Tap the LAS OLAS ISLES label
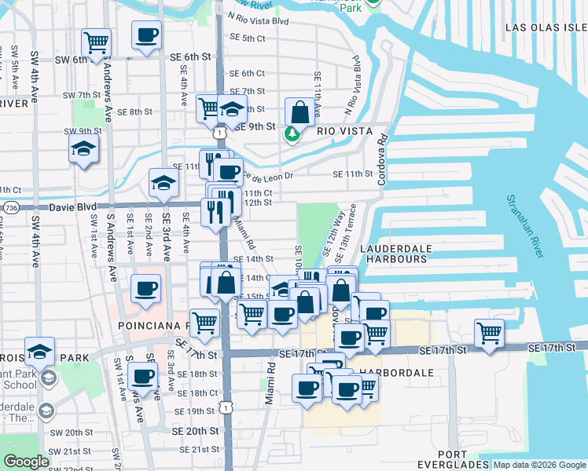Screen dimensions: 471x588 pos(546,27)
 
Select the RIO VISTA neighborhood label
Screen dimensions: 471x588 pos(344,131)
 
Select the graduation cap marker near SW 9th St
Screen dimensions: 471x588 pos(83,148)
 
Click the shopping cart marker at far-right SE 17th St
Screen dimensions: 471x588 pos(490,332)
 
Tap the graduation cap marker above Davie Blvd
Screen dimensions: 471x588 pos(164,183)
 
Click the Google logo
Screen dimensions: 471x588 pos(26,462)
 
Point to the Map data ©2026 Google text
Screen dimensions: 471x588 pos(539,465)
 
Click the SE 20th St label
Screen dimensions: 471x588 pos(197,431)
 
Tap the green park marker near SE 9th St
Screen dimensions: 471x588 pos(292,134)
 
